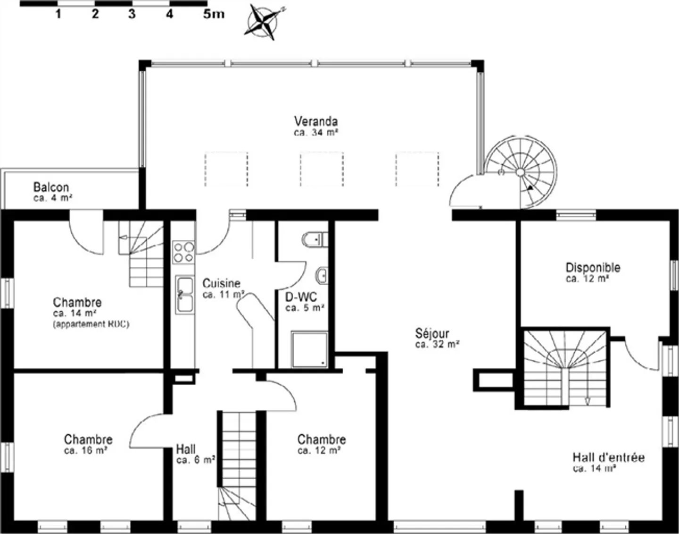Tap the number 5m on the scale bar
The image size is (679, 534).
pyautogui.click(x=214, y=14)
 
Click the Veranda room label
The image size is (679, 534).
pyautogui.click(x=316, y=121)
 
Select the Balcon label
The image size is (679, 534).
pyautogui.click(x=51, y=187)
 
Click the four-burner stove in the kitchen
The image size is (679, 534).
pyautogui.click(x=183, y=252)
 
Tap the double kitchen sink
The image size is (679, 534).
pyautogui.click(x=184, y=295)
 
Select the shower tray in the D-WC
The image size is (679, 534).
pyautogui.click(x=309, y=349)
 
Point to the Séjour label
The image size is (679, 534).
pyautogui.click(x=432, y=333)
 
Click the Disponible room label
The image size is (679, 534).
pyautogui.click(x=593, y=268)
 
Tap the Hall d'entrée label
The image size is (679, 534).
pyautogui.click(x=608, y=457)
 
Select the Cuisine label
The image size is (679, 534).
pyautogui.click(x=221, y=283)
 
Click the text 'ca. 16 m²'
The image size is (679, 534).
pyautogui.click(x=85, y=451)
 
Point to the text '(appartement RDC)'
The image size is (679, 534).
pyautogui.click(x=91, y=324)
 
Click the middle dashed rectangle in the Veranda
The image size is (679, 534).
pyautogui.click(x=322, y=169)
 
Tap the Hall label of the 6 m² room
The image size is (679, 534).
pyautogui.click(x=186, y=449)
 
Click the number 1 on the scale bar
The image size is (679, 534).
pyautogui.click(x=58, y=14)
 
